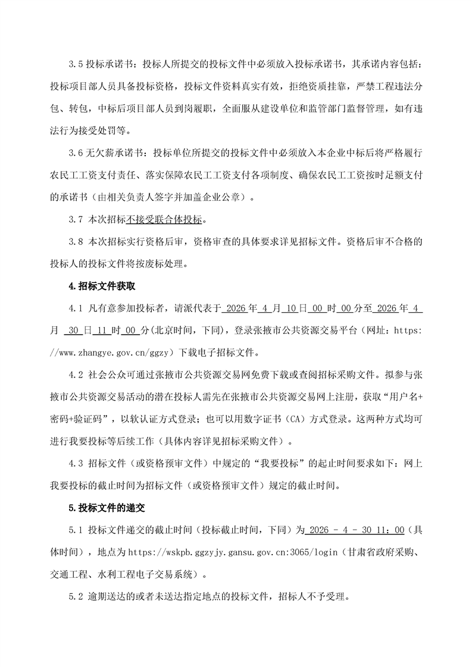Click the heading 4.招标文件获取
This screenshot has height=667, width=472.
click(x=102, y=286)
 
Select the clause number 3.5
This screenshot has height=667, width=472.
click(x=77, y=64)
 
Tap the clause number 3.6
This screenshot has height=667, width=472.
click(x=77, y=153)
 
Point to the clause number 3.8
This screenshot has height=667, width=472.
click(x=77, y=242)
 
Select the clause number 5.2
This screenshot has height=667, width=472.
click(x=77, y=597)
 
